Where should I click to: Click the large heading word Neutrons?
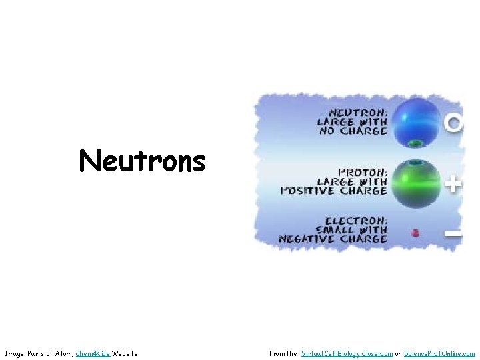[142, 161]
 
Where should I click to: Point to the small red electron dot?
[416, 233]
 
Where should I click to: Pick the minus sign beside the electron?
[453, 233]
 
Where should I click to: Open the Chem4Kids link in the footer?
[92, 353]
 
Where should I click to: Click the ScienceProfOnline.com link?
[439, 353]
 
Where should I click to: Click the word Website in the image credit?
[125, 353]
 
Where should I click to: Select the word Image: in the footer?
[15, 353]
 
